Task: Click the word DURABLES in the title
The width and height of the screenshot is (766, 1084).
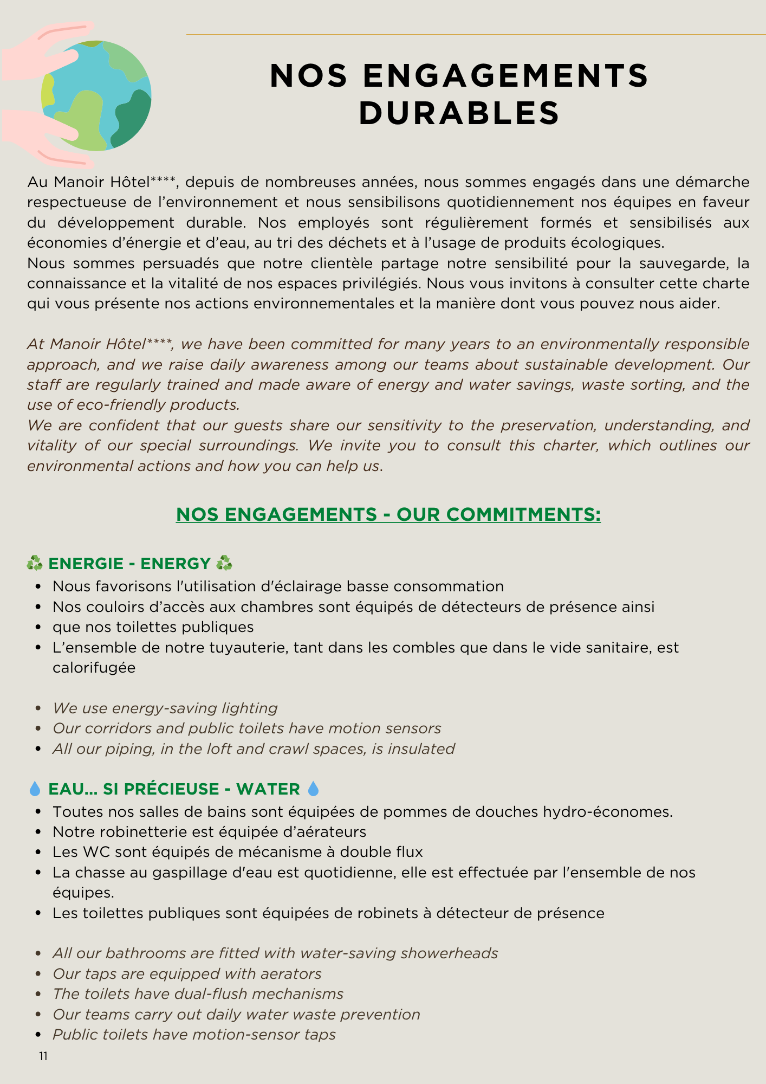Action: point(459,114)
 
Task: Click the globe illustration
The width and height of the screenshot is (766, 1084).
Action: point(96,96)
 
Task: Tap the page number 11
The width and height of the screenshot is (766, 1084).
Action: point(43,1056)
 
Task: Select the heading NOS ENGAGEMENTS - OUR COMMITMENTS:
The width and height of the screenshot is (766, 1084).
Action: point(388,514)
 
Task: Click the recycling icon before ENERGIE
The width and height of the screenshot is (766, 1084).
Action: point(35,564)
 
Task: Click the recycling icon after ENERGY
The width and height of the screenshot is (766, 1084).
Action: point(224,564)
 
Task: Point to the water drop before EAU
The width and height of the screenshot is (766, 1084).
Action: point(35,789)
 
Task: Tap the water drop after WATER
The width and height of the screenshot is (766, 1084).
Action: point(313,789)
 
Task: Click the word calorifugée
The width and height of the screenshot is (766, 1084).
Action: point(94,667)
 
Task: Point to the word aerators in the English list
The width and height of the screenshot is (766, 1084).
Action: point(291,973)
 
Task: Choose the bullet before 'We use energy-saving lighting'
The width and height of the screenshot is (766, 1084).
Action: point(38,708)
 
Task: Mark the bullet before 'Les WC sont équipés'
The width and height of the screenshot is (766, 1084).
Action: point(38,852)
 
